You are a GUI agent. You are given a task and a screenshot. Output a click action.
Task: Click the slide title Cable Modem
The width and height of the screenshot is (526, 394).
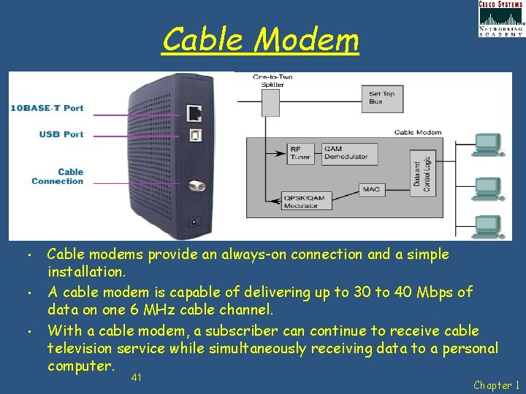[261, 39]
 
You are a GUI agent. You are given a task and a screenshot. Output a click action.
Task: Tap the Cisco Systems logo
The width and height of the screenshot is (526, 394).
[500, 18]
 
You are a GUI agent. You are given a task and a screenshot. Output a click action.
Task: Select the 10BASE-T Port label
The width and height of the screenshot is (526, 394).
[47, 108]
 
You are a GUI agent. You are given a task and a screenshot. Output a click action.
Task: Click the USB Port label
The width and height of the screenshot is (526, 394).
[61, 134]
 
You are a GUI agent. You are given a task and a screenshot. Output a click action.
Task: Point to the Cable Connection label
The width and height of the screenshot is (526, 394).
[58, 177]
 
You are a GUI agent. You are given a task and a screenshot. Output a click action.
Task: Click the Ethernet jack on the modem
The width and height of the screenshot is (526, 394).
[194, 113]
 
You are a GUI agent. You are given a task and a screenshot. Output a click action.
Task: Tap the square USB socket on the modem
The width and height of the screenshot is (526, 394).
[194, 135]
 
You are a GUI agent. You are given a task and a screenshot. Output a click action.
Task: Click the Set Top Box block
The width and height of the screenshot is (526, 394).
[382, 98]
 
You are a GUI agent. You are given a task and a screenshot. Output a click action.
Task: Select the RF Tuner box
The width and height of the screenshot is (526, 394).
[300, 153]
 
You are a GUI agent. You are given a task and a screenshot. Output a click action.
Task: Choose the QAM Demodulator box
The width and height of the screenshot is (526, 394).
[349, 153]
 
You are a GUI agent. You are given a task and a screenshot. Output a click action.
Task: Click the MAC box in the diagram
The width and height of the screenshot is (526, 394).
[370, 190]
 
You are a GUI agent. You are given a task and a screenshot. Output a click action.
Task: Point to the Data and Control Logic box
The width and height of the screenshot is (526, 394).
[422, 176]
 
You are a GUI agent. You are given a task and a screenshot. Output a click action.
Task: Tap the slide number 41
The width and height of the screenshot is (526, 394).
[137, 377]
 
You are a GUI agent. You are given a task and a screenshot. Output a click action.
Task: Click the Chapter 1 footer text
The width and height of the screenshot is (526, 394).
[496, 385]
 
